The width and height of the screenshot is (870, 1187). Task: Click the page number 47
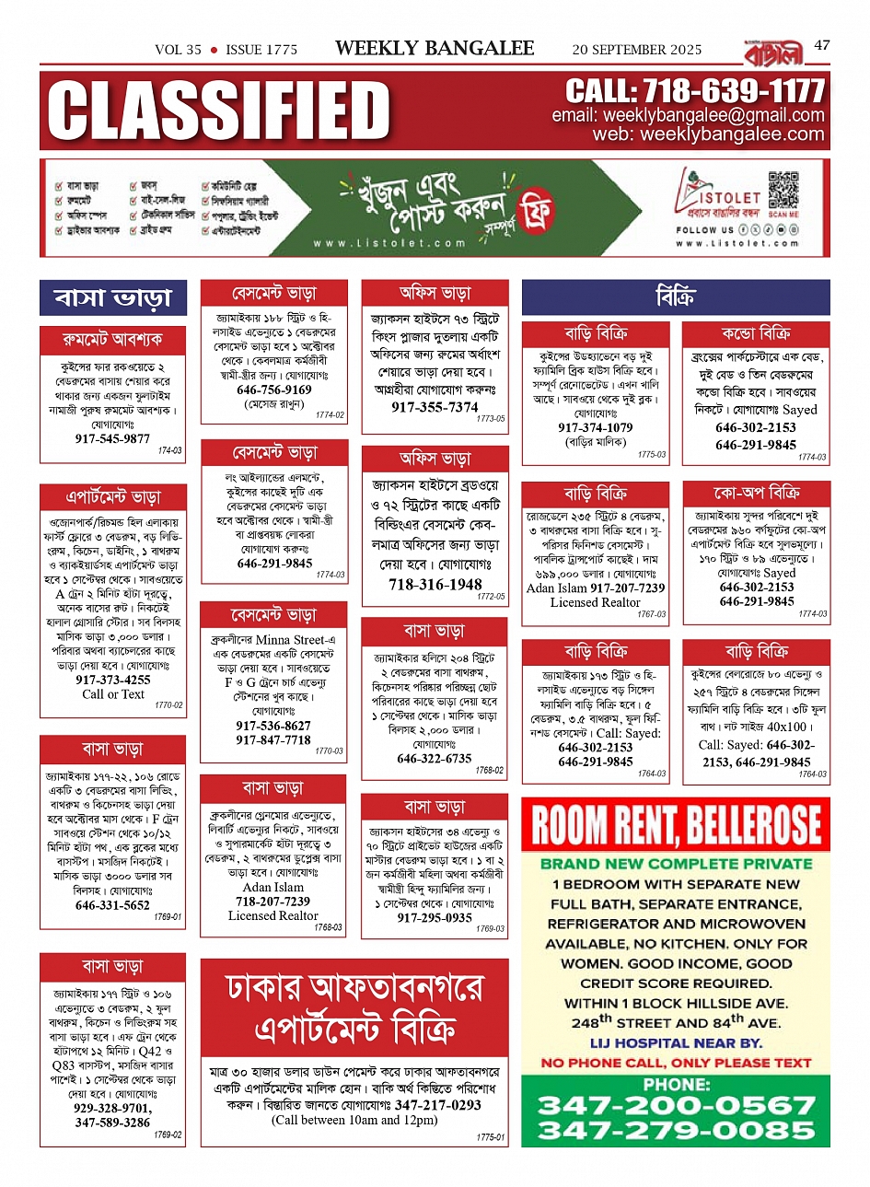(822, 44)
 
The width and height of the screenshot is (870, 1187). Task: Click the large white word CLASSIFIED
(219, 111)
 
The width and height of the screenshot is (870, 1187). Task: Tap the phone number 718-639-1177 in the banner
(695, 91)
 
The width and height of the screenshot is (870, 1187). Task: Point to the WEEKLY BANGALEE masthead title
(435, 48)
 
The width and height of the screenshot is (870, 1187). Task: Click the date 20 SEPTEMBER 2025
(637, 50)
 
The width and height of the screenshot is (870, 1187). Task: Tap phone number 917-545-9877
(112, 439)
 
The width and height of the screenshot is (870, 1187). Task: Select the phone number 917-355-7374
(435, 407)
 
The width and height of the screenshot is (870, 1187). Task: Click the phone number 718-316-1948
(435, 584)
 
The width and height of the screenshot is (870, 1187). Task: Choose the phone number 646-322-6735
(435, 759)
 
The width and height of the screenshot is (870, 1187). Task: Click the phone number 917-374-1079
(595, 427)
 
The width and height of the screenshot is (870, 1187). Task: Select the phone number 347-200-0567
(677, 1105)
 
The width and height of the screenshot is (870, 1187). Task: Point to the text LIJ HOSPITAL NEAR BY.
(676, 1042)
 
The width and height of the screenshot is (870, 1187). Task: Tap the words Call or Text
(113, 694)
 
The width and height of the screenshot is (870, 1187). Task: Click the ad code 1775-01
(491, 1137)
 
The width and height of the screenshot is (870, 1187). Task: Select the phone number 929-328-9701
(112, 1109)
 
